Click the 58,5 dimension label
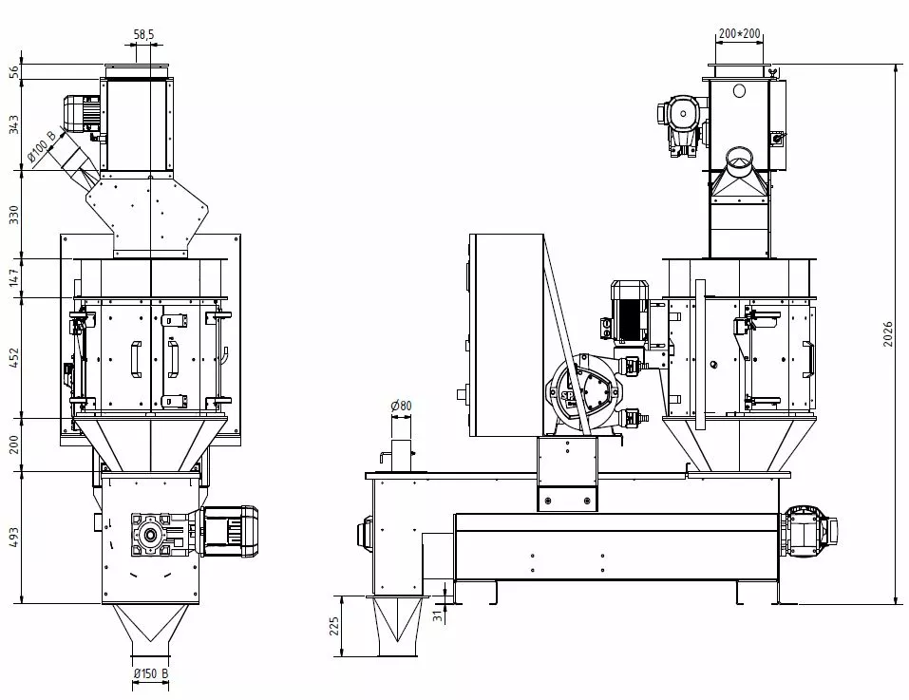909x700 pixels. pyautogui.click(x=143, y=35)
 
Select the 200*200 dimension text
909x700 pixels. pyautogui.click(x=739, y=33)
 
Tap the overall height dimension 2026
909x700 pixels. pyautogui.click(x=888, y=333)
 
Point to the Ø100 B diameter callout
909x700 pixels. pyautogui.click(x=43, y=146)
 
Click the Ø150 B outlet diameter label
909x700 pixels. pyautogui.click(x=151, y=673)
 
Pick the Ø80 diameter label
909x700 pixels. pyautogui.click(x=401, y=406)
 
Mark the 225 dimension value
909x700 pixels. pyautogui.click(x=334, y=626)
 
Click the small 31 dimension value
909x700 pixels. pyautogui.click(x=440, y=615)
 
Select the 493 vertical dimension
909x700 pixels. pyautogui.click(x=14, y=538)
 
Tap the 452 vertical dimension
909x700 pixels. pyautogui.click(x=14, y=357)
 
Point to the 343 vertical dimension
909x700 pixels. pyautogui.click(x=14, y=124)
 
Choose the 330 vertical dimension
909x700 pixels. pyautogui.click(x=14, y=214)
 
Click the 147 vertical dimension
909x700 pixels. pyautogui.click(x=14, y=277)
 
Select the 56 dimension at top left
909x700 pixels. pyautogui.click(x=14, y=72)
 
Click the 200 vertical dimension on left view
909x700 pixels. pyautogui.click(x=14, y=445)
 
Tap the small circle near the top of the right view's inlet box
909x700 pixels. pyautogui.click(x=739, y=90)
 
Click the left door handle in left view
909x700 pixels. pyautogui.click(x=136, y=359)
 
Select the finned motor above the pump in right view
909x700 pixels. pyautogui.click(x=629, y=312)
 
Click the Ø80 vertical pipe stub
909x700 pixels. pyautogui.click(x=401, y=456)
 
